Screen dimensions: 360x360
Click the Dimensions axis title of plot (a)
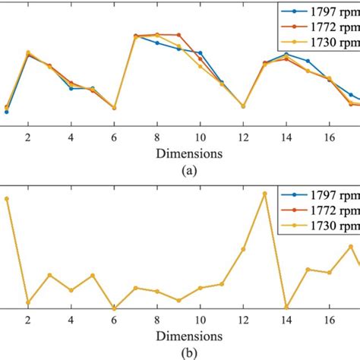pyautogui.click(x=190, y=153)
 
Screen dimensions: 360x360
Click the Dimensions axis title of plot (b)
pyautogui.click(x=190, y=334)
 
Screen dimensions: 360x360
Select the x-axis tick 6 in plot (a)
pyautogui.click(x=114, y=137)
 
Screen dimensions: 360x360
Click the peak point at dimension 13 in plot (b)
pyautogui.click(x=265, y=194)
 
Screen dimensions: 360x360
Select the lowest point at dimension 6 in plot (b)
pyautogui.click(x=114, y=308)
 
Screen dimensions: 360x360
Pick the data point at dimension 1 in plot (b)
pyautogui.click(x=7, y=199)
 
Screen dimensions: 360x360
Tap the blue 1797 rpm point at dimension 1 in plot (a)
pyautogui.click(x=7, y=112)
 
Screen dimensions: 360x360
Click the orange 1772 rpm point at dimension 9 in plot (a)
pyautogui.click(x=178, y=35)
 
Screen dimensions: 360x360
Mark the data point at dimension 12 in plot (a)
pyautogui.click(x=243, y=106)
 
